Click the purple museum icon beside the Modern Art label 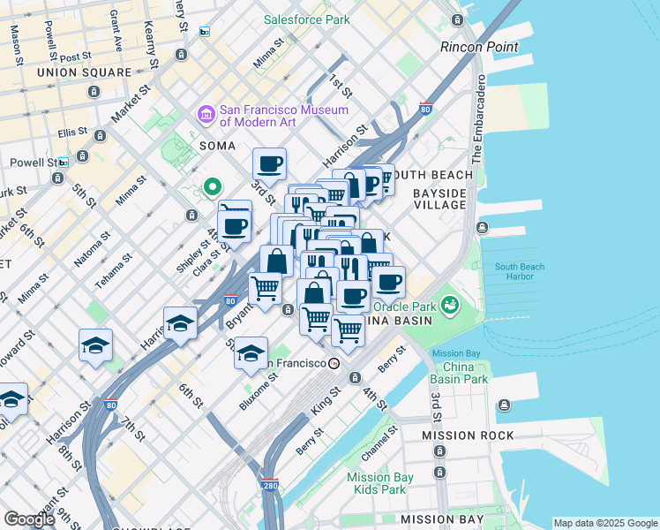pos(206,115)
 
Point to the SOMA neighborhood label pos(217,145)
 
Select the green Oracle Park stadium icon pos(451,306)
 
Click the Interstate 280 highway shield pos(270,485)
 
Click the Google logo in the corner pos(28,519)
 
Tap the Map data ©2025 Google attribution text pos(605,523)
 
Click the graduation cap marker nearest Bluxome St pos(251,352)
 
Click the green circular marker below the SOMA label pos(212,186)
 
